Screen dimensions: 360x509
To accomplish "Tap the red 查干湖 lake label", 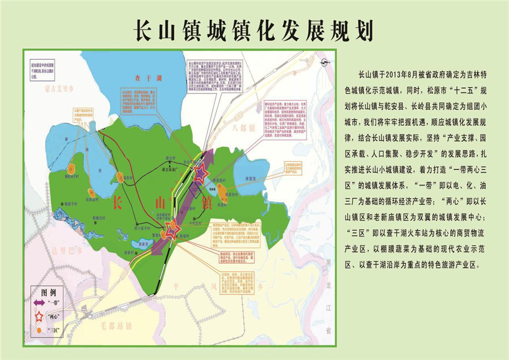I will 152,78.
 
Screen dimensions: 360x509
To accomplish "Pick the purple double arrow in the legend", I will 41,304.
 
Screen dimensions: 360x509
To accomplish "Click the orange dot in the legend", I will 38,329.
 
